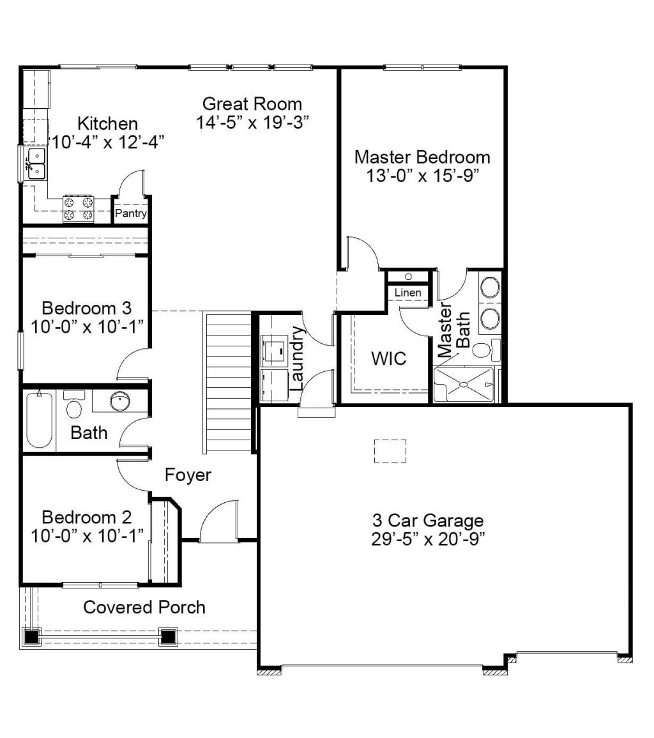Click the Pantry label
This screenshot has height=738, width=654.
pos(131,213)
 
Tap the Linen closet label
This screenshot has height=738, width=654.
pos(408,293)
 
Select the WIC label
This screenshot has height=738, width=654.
pos(389,358)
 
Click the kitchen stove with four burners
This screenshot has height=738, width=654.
pos(79,209)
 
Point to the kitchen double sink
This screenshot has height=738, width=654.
pos(36,164)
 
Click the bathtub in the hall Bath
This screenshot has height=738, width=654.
pos(39,419)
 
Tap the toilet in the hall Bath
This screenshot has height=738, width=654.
pos(74,404)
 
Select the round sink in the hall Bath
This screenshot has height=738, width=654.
pos(120,401)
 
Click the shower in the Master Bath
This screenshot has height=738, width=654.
pos(464,385)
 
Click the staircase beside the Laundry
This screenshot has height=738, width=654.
pos(229,382)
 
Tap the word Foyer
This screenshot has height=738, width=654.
pos(188,475)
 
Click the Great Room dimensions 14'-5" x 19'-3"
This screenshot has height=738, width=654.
pos(253,123)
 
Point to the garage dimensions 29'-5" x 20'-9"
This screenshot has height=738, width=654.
pos(428,539)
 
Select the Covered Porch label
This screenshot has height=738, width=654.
pos(144,607)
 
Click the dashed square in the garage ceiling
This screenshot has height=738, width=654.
pos(390,451)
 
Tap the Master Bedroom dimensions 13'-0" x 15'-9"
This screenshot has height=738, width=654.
pos(423,176)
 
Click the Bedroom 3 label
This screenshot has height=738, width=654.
pos(87,308)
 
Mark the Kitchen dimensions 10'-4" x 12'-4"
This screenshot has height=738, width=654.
pos(108,142)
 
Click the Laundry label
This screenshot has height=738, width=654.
pos(297,358)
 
